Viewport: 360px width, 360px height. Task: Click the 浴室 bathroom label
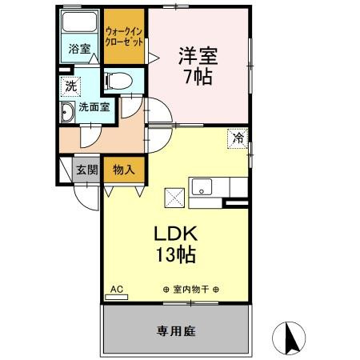(78, 48)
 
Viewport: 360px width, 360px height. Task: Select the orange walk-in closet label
(123, 37)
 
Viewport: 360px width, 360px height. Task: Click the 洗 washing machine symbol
(71, 86)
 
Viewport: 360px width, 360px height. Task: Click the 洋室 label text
(198, 55)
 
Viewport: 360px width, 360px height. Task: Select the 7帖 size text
(198, 78)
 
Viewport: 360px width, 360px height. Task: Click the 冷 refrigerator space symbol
(238, 138)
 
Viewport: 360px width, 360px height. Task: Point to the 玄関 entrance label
(86, 170)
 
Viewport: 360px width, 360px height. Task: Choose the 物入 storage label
(123, 170)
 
